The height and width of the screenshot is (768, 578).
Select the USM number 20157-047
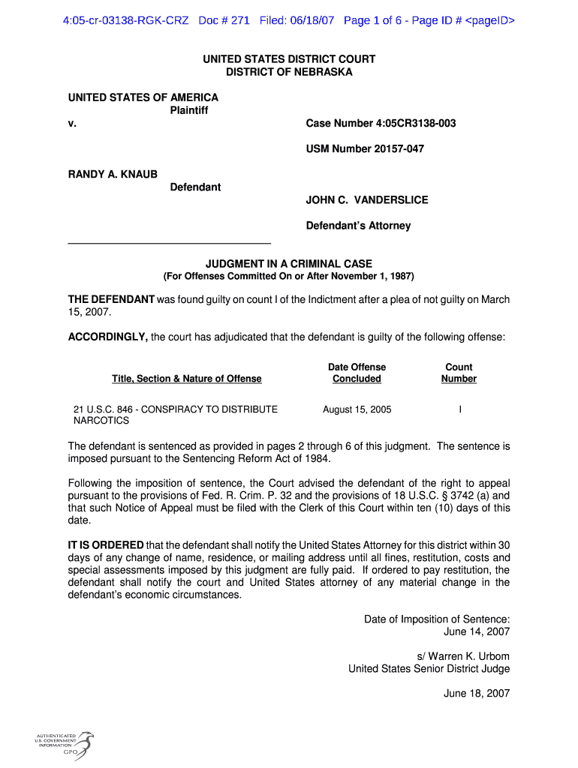(x=365, y=148)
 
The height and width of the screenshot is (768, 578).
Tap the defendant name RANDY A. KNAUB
(x=113, y=174)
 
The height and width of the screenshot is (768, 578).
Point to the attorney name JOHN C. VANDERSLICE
(x=367, y=199)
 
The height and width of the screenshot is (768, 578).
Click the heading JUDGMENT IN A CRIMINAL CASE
(x=289, y=264)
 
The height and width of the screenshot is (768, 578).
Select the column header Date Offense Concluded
(x=357, y=373)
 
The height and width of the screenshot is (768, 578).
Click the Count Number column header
(x=459, y=373)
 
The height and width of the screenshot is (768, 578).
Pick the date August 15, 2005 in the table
(x=357, y=409)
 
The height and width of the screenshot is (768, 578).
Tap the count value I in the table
(x=459, y=409)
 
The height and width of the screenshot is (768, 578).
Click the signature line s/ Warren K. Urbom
(x=463, y=656)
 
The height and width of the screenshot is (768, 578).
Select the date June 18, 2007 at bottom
(x=477, y=693)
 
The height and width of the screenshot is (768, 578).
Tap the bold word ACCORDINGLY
(x=108, y=337)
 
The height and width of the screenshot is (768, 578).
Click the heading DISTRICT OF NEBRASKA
(x=289, y=72)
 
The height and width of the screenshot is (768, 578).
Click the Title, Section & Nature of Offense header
(x=187, y=379)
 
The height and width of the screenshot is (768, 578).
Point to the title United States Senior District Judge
(x=429, y=668)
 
